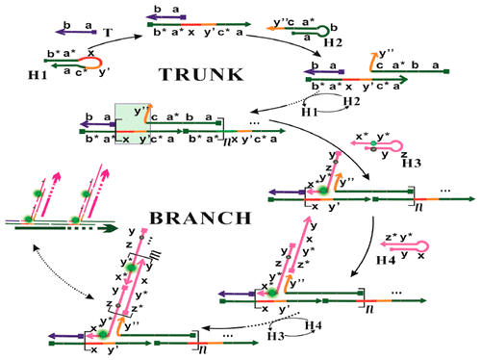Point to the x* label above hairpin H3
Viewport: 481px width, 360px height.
[x=363, y=134]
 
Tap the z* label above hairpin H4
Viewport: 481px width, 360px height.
[x=366, y=236]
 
